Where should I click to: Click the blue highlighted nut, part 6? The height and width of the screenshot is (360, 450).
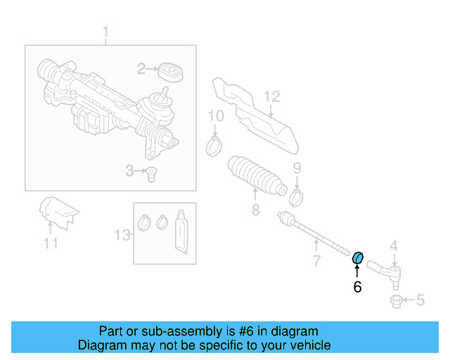click(x=357, y=258)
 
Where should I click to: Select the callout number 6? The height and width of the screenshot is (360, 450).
click(x=357, y=287)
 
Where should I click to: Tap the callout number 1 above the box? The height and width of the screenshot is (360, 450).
click(x=106, y=32)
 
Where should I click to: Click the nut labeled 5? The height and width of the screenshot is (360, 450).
click(x=395, y=302)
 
